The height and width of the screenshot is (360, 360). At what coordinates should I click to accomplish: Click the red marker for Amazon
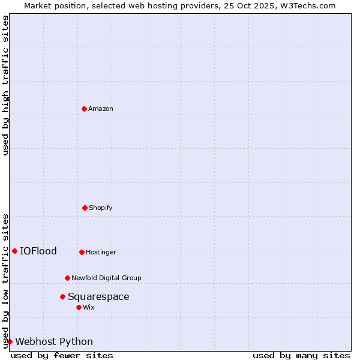(84, 109)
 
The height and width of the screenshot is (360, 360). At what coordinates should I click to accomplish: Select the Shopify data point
(85, 208)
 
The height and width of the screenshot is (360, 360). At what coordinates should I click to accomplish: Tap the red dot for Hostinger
(82, 252)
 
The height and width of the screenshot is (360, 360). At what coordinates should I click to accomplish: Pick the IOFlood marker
(14, 251)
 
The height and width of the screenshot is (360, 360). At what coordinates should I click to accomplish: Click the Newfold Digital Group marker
(67, 278)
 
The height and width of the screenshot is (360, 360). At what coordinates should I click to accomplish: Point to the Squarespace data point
(62, 296)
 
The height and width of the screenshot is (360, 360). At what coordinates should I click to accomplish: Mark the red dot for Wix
(79, 307)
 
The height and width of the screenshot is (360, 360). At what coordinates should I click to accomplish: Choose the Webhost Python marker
(10, 341)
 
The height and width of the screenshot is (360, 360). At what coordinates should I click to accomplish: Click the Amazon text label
(101, 109)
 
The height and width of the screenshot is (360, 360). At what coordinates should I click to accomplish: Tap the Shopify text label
(101, 208)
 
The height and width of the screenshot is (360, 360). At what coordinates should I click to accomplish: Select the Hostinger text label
(101, 252)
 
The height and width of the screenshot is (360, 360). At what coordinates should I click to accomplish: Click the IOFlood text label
(38, 251)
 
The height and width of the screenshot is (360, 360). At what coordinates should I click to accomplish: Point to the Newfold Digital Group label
(106, 278)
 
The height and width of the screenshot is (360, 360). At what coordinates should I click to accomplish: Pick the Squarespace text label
(98, 296)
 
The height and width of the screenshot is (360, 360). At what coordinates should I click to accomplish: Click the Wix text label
(89, 307)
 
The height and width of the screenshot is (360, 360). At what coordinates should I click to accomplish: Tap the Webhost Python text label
(54, 341)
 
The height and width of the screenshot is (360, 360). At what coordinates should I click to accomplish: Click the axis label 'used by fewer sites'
(62, 355)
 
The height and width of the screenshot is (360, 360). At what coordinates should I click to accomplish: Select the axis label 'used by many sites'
(301, 355)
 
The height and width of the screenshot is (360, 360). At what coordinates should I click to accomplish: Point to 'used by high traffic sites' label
(5, 85)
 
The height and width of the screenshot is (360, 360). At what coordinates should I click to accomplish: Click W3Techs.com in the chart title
(307, 5)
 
